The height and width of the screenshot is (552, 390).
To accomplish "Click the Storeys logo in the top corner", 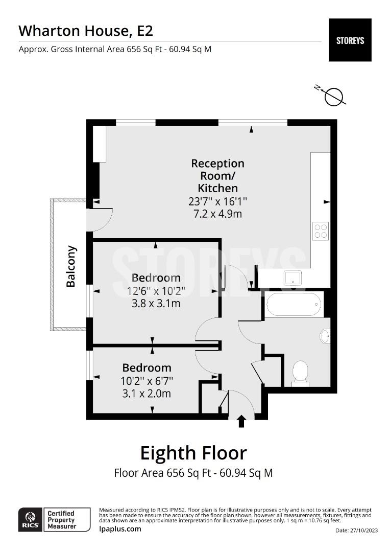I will [350, 40].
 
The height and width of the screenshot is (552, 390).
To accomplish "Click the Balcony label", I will [71, 266].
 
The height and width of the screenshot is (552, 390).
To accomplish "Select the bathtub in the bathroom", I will [294, 305].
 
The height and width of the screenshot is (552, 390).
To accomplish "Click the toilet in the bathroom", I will [300, 373].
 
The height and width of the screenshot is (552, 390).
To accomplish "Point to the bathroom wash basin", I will [325, 336].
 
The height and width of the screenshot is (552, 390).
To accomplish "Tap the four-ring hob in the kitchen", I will [321, 231].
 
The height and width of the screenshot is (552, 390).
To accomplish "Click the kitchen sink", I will [292, 278].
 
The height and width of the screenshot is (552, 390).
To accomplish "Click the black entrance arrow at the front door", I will [241, 421].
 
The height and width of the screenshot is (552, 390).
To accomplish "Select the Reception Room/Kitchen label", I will [217, 176].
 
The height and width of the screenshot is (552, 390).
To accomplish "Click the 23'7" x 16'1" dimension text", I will [217, 201].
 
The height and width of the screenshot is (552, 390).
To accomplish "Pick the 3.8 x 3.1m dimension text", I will [156, 304].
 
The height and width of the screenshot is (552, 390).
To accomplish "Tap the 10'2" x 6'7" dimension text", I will [147, 381].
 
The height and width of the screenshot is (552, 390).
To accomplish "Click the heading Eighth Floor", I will [193, 453].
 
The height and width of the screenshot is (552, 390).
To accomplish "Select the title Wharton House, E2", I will [86, 31].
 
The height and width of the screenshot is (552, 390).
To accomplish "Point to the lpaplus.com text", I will [120, 528].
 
